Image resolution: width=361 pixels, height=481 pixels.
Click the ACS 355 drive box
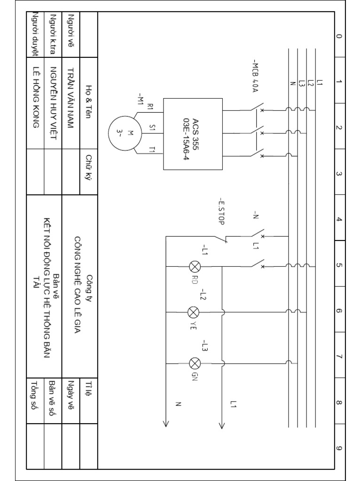tap(193, 134)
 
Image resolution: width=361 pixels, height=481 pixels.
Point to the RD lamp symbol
tap(194, 267)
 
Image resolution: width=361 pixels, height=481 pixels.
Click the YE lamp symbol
tap(193, 312)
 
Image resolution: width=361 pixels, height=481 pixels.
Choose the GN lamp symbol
tap(195, 363)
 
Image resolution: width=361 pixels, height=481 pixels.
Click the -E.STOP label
tap(221, 211)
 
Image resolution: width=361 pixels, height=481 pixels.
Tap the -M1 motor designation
tap(140, 99)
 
